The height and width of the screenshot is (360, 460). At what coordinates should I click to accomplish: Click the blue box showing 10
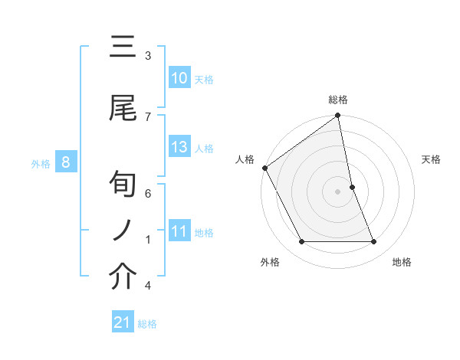[179, 78]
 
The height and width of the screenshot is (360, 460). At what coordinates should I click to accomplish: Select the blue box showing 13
[179, 147]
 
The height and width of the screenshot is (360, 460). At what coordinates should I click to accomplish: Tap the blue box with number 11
[179, 231]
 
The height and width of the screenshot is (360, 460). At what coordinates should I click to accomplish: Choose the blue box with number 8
[66, 162]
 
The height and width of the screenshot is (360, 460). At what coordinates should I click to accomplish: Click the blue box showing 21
[123, 322]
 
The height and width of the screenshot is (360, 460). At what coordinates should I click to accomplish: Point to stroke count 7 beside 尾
[148, 116]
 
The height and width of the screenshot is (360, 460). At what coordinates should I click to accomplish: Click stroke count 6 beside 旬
[148, 194]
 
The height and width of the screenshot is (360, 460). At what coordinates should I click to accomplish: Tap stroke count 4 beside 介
[148, 286]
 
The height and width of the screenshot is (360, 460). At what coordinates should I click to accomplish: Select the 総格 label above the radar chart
[337, 100]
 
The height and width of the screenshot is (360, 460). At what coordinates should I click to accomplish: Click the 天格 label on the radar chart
[431, 159]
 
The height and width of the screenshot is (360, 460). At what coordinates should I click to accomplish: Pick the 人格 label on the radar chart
[245, 159]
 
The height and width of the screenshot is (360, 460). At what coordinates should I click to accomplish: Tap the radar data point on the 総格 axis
[337, 116]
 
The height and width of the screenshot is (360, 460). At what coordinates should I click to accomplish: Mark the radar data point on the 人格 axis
[264, 168]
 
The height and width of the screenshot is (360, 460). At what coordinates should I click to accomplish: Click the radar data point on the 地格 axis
[373, 242]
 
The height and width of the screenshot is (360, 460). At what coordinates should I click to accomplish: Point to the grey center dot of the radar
[337, 191]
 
